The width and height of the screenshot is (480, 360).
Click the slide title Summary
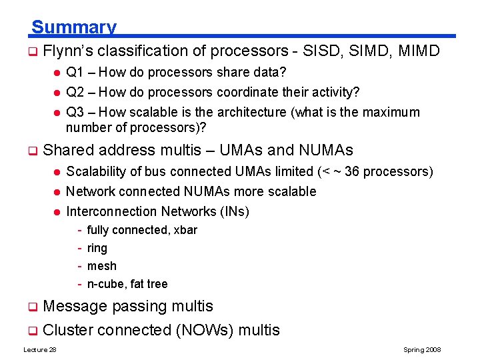(x=73, y=27)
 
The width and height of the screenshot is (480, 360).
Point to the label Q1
(x=75, y=72)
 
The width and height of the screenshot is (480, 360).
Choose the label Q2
(x=75, y=92)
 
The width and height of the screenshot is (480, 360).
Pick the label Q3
(x=75, y=112)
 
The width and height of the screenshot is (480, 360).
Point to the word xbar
(x=185, y=230)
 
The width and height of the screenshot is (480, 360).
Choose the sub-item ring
(x=97, y=248)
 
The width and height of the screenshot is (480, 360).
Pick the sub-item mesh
(x=101, y=266)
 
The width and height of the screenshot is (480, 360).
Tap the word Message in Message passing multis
(x=75, y=306)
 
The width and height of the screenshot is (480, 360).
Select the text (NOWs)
(x=203, y=330)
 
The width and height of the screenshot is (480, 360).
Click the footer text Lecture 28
(x=40, y=350)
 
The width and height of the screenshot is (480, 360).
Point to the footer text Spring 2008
(x=422, y=350)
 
